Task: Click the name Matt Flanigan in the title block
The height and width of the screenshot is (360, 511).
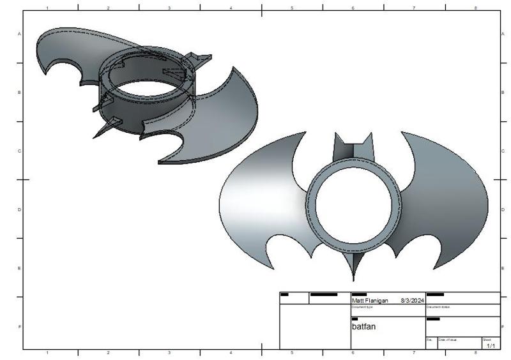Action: [x=370, y=300]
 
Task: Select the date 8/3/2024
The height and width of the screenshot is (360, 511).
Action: [x=412, y=300]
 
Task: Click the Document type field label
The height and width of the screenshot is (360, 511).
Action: [x=362, y=307]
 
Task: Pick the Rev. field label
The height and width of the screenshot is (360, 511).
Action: [x=429, y=340]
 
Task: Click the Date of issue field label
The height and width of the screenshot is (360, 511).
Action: [x=447, y=340]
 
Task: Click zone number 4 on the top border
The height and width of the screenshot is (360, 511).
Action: [x=231, y=8]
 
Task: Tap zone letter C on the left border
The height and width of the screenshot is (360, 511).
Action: [x=19, y=151]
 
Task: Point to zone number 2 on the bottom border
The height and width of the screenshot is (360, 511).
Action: [x=108, y=352]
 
